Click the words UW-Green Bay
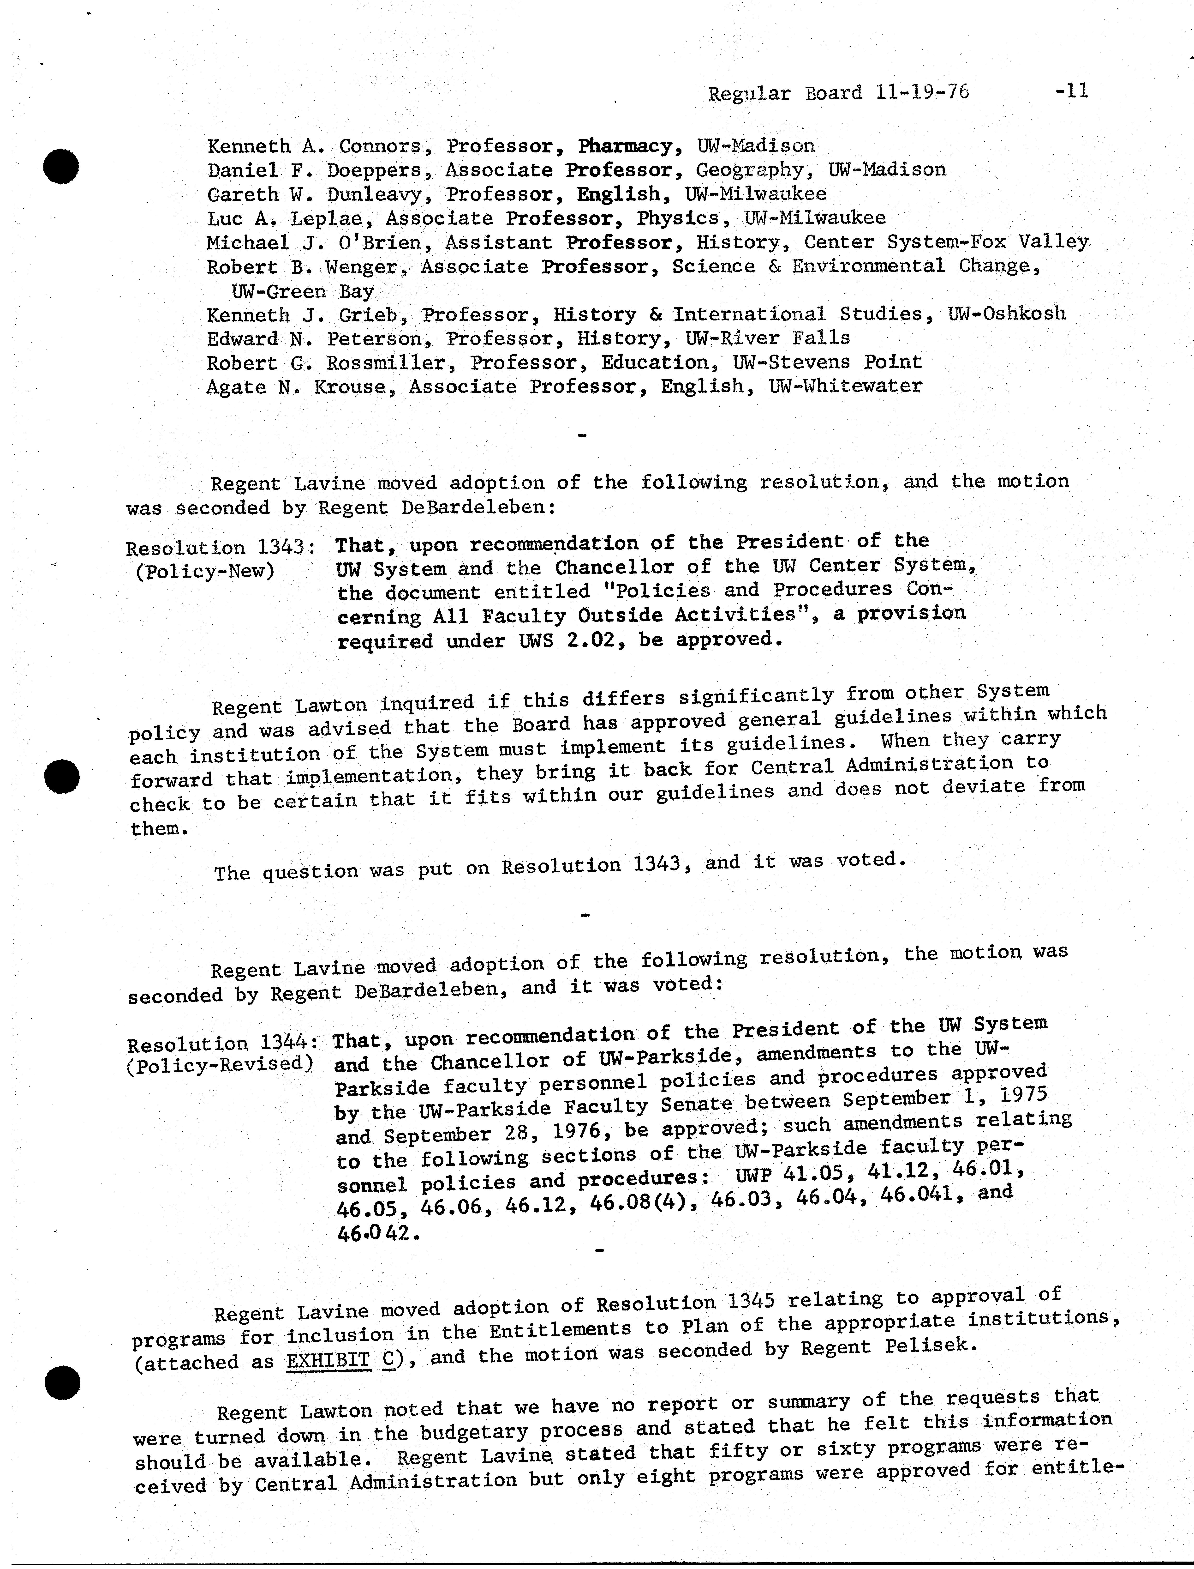303,291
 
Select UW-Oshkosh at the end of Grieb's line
1006,314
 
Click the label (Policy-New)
205,572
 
